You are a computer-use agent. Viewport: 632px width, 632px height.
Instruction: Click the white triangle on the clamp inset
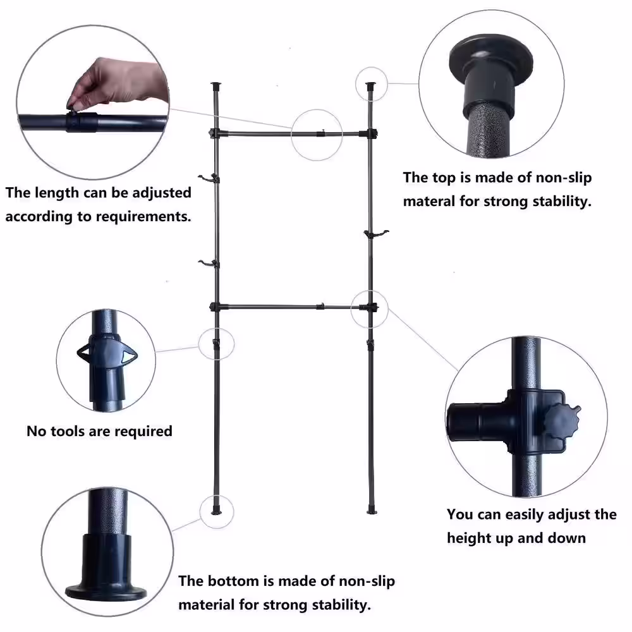(x=128, y=356)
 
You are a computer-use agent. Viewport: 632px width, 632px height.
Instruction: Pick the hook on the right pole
(x=377, y=233)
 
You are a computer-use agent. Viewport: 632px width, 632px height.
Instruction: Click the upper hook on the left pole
(x=208, y=178)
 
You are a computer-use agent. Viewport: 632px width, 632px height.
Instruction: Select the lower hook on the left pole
(x=208, y=264)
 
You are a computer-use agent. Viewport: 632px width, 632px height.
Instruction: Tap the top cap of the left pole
(x=216, y=86)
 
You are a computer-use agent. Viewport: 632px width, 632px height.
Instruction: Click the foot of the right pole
(x=372, y=511)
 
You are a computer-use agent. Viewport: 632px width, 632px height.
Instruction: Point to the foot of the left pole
(x=216, y=511)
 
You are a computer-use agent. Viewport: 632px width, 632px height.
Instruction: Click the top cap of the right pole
(x=370, y=86)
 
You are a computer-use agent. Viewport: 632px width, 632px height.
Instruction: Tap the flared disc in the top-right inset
(x=491, y=58)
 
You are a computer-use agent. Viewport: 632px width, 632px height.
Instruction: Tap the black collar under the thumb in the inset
(x=82, y=122)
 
